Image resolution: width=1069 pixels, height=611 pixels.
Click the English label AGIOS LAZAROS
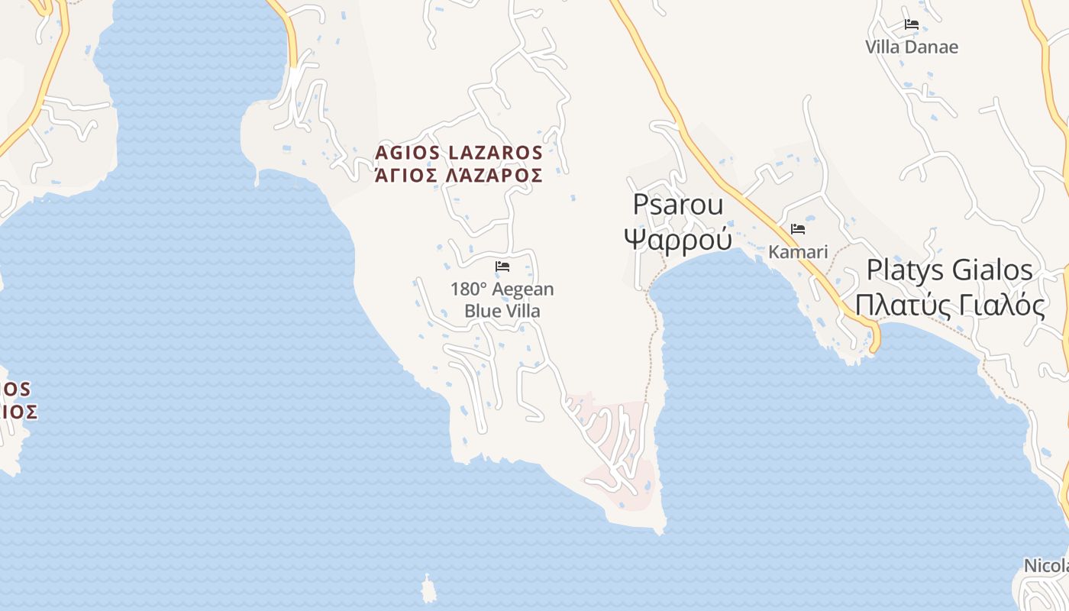(x=459, y=153)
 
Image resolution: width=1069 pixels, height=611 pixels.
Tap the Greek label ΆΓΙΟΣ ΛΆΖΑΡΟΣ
(x=459, y=176)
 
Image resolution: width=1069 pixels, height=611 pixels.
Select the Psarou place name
(x=678, y=205)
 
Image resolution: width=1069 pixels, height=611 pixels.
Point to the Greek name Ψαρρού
(x=678, y=238)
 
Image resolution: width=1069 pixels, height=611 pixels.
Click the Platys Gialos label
(x=950, y=270)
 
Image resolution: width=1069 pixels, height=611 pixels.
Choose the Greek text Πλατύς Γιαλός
(x=950, y=305)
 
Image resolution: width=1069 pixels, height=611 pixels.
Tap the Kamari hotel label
(x=798, y=251)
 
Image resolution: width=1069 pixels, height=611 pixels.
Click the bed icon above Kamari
(x=798, y=228)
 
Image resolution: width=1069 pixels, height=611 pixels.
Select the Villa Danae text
(x=912, y=47)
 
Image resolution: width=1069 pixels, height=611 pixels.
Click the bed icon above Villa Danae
(x=911, y=24)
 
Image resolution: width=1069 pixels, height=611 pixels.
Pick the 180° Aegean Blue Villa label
(x=502, y=300)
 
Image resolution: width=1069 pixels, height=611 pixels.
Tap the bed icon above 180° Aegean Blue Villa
(x=502, y=267)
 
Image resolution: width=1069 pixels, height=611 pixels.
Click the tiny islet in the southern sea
(x=428, y=590)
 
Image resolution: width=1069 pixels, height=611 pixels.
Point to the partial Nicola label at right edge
(x=1045, y=566)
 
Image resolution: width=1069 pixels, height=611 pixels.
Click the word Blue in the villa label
(x=482, y=311)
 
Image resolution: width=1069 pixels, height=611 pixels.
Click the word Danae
(x=932, y=47)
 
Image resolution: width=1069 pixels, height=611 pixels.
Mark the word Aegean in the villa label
(x=523, y=289)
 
